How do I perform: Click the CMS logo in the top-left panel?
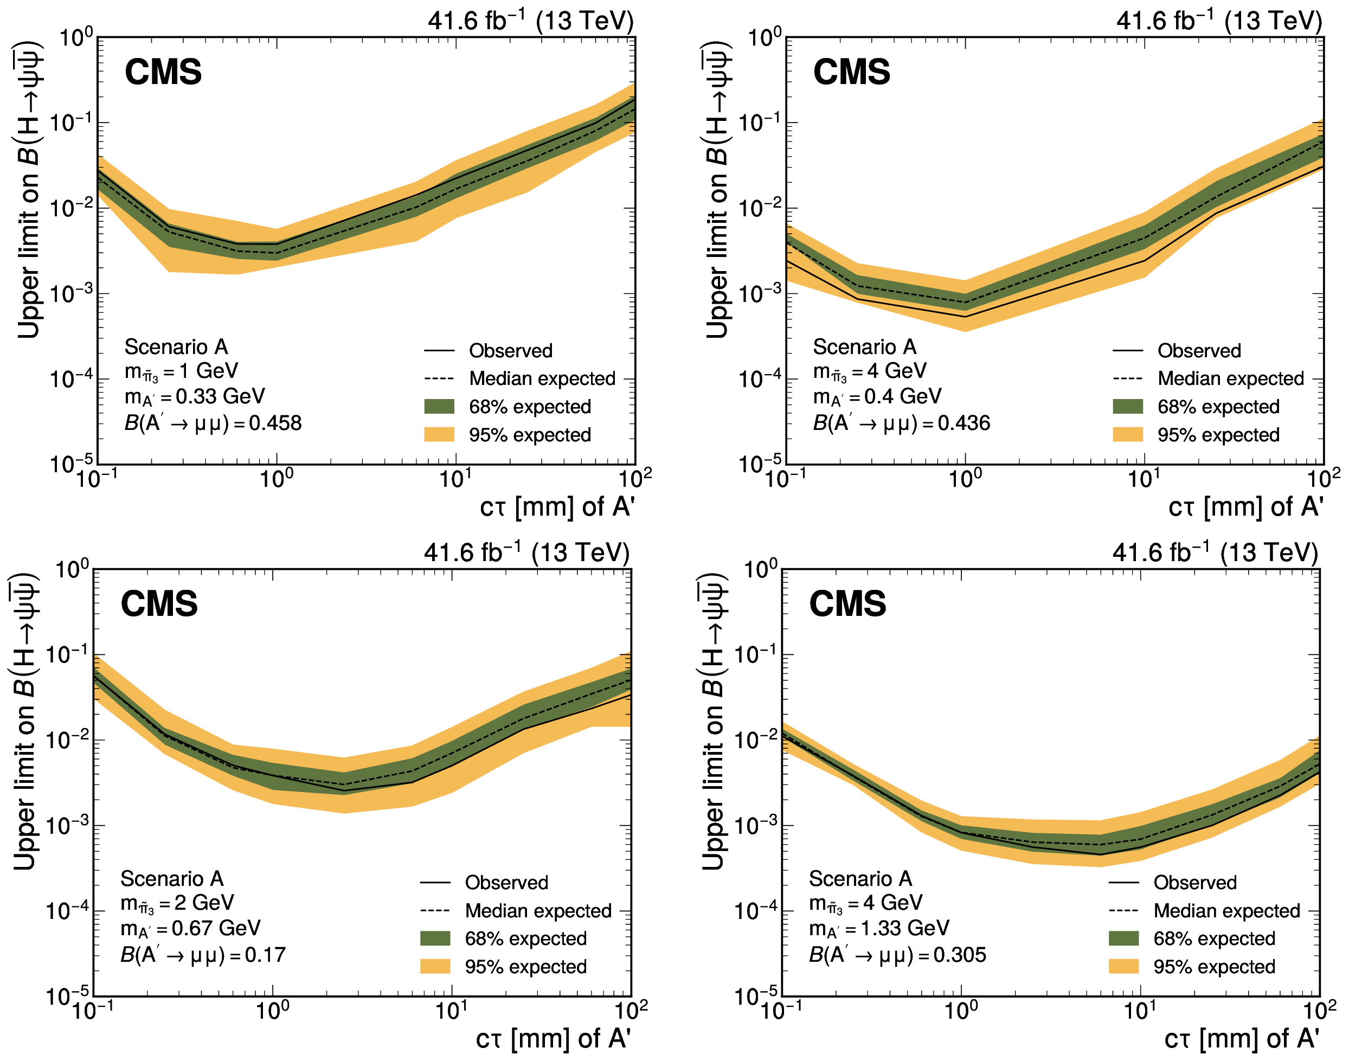pos(163,72)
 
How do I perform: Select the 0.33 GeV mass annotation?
pos(195,397)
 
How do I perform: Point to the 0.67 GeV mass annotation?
pos(190,929)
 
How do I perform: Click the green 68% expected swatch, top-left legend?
pos(439,407)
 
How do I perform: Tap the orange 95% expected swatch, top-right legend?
pos(1128,435)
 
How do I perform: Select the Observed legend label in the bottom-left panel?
pos(506,883)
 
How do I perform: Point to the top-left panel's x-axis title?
pos(557,507)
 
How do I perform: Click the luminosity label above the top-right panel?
pos(1219,21)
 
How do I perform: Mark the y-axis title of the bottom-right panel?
pos(712,721)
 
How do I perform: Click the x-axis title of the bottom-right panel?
pos(1242,1039)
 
